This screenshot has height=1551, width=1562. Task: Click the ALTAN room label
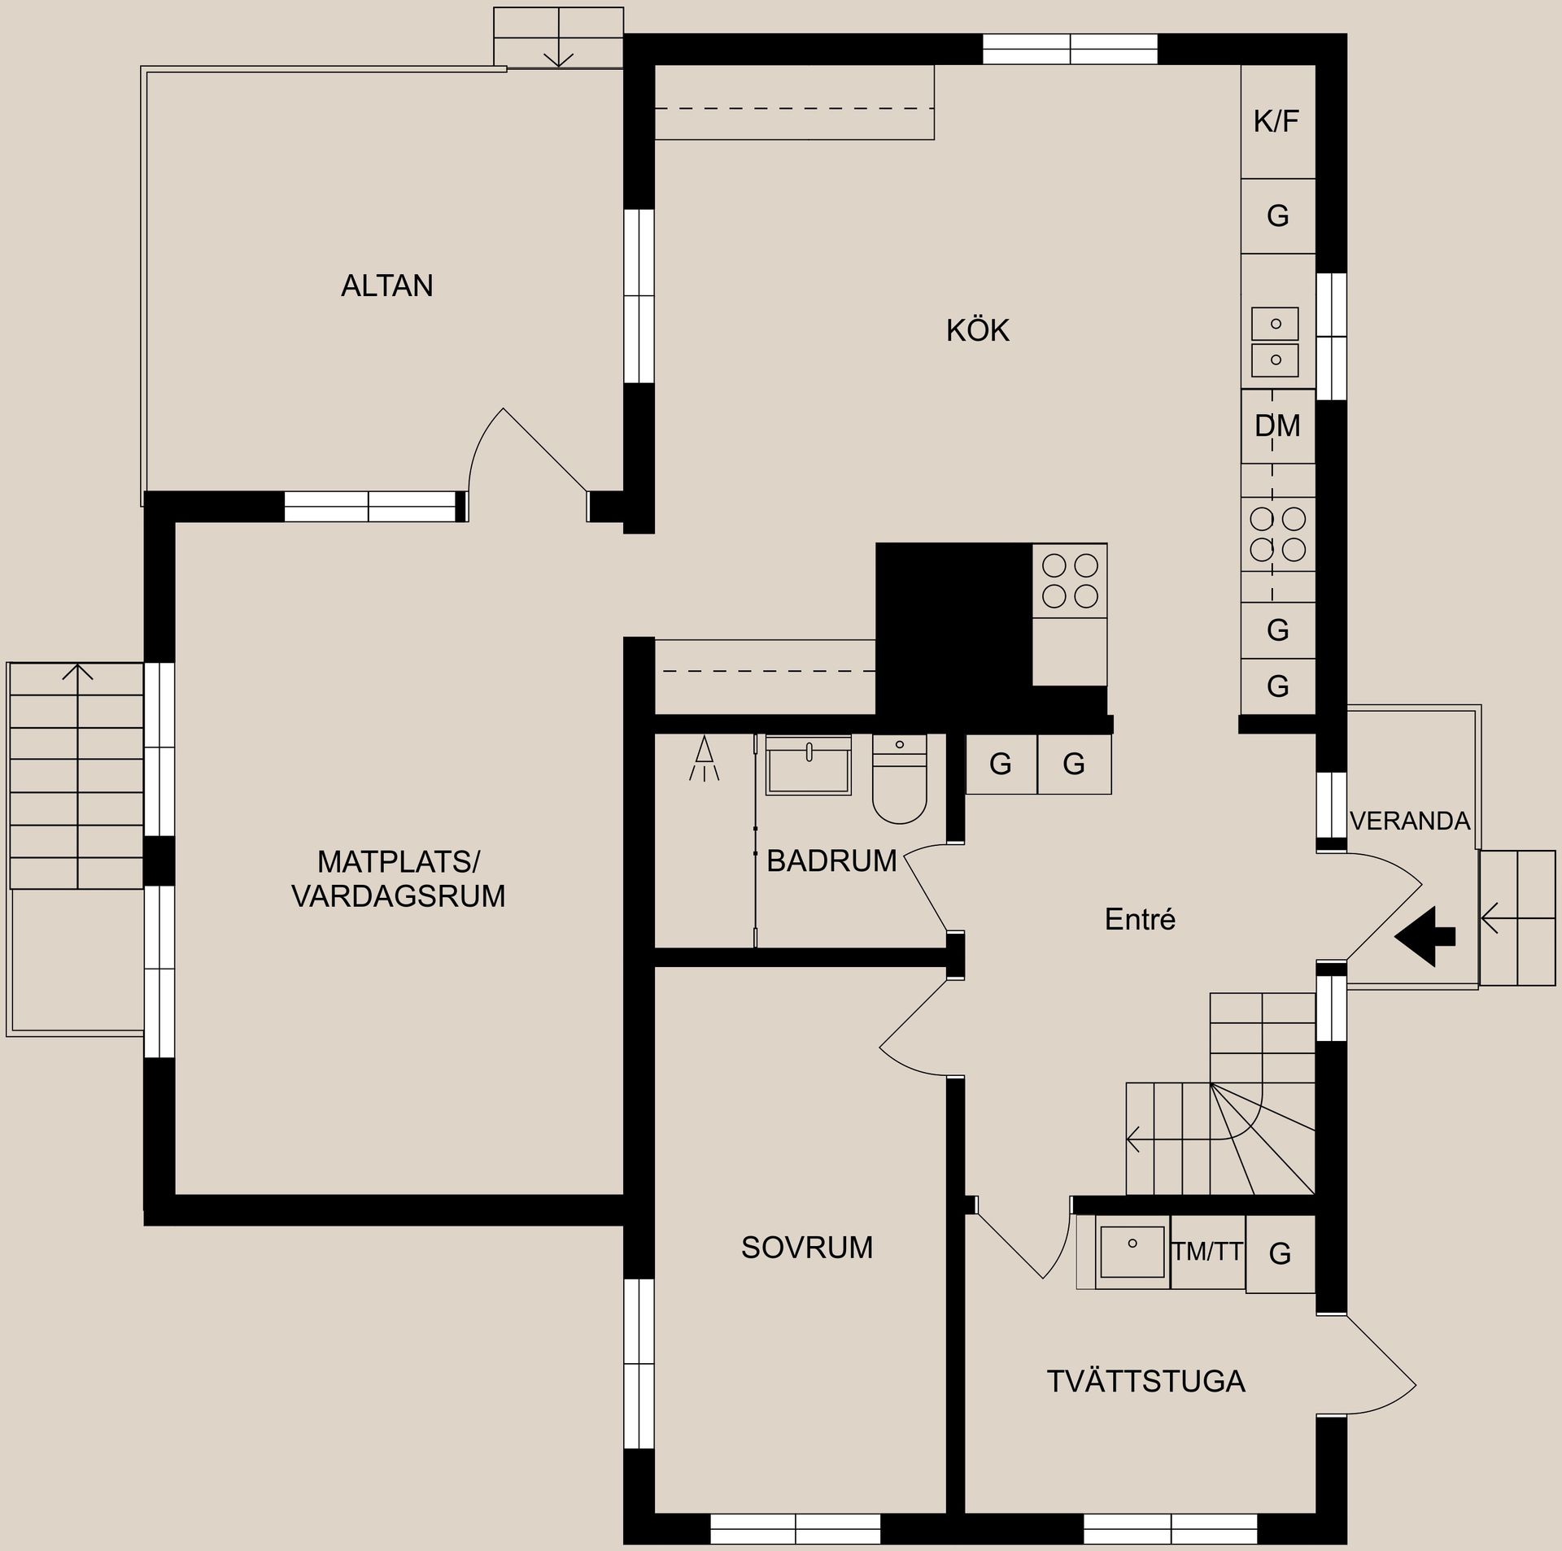pos(386,285)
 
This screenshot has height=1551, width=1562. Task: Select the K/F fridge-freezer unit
pos(1278,122)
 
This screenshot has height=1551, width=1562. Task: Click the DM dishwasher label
pos(1277,425)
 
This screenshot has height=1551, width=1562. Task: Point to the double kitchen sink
pos(1275,342)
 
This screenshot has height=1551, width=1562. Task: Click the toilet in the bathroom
pos(899,779)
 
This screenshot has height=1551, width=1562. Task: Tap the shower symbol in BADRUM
pos(705,758)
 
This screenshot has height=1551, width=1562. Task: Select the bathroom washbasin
pos(808,765)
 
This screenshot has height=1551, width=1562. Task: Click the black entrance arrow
pos(1425,936)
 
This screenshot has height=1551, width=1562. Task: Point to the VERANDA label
pos(1410,821)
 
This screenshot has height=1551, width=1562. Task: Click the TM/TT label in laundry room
pos(1207,1252)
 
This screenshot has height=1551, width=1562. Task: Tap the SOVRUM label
pos(807,1248)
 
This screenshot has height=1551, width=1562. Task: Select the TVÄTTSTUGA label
pos(1145,1382)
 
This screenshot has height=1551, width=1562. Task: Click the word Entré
pos(1140,919)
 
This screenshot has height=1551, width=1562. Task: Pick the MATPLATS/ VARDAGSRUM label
pos(399,878)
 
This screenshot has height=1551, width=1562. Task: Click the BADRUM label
pos(831,860)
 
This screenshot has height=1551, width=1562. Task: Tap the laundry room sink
pos(1132,1252)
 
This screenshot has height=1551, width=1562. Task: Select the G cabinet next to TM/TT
pos(1280,1253)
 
